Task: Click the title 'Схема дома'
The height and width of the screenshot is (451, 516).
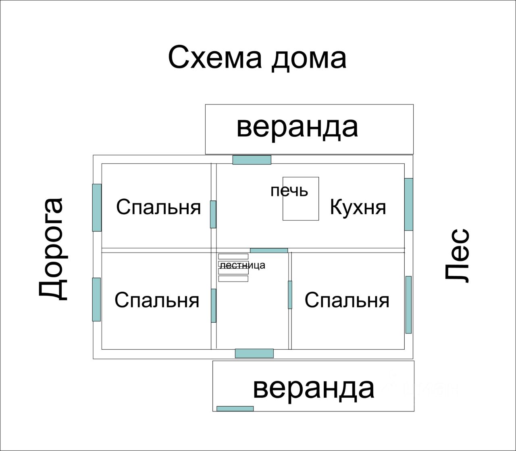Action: pos(257,58)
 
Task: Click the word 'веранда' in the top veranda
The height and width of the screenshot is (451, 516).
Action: pos(297,127)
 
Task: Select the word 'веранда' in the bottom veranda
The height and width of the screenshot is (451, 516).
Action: pos(314,388)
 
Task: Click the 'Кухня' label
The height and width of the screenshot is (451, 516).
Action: pos(358,207)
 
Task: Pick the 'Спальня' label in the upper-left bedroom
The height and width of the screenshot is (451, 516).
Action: pos(158,207)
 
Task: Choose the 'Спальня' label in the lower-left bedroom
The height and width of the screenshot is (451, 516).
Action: pos(157,300)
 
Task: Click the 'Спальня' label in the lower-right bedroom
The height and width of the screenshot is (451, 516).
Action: pos(347,300)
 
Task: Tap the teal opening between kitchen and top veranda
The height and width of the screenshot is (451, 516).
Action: pos(252,160)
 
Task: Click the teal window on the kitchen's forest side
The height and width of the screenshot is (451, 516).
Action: pos(409,204)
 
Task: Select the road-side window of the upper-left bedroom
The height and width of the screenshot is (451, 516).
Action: pos(97,207)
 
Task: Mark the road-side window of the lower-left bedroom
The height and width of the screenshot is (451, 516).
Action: pos(96,299)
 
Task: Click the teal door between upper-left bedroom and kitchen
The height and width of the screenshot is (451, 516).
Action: pos(213,214)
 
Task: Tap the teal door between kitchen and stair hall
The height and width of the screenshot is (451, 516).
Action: pos(269,251)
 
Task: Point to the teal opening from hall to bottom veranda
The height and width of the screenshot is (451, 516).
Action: pos(254,353)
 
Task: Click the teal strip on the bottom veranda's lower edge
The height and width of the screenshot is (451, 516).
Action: pos(235,409)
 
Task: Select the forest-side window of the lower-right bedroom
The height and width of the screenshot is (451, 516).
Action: pos(408,305)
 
